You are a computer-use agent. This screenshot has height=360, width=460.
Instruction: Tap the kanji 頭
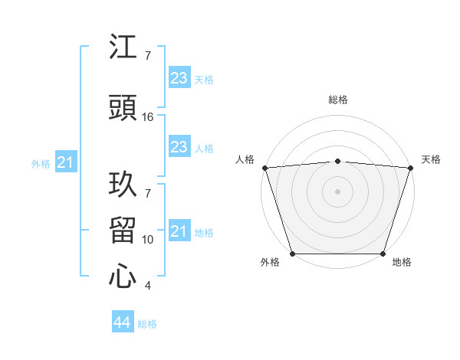[x=123, y=108]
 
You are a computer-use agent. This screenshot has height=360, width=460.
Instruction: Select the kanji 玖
[x=123, y=185]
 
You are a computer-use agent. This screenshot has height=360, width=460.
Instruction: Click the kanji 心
[x=123, y=277]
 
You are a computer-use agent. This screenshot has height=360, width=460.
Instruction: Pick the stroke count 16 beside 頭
[x=148, y=117]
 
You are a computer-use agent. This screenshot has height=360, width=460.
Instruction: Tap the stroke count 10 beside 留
[x=148, y=240]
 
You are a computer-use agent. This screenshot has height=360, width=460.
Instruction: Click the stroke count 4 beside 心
[x=147, y=286]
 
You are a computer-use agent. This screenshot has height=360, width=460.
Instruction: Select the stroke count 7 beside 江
[x=147, y=56]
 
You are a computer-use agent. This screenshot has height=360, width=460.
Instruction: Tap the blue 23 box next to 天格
[x=179, y=78]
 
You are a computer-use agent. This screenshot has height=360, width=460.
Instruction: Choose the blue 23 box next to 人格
[x=179, y=147]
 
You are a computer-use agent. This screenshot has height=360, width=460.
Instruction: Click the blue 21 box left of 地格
[x=179, y=231]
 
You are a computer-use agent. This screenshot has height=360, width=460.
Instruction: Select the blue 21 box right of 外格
[x=65, y=162]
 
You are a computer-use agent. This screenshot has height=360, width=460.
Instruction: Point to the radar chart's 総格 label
[x=337, y=100]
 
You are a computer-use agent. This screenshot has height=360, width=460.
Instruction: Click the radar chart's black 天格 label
[x=431, y=159]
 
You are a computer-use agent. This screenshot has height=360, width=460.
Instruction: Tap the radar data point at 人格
[x=264, y=168]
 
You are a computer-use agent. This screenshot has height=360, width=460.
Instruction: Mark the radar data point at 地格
[x=383, y=254]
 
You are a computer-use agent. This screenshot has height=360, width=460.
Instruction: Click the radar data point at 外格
[x=292, y=254]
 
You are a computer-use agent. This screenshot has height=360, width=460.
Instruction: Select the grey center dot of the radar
[x=337, y=191]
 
